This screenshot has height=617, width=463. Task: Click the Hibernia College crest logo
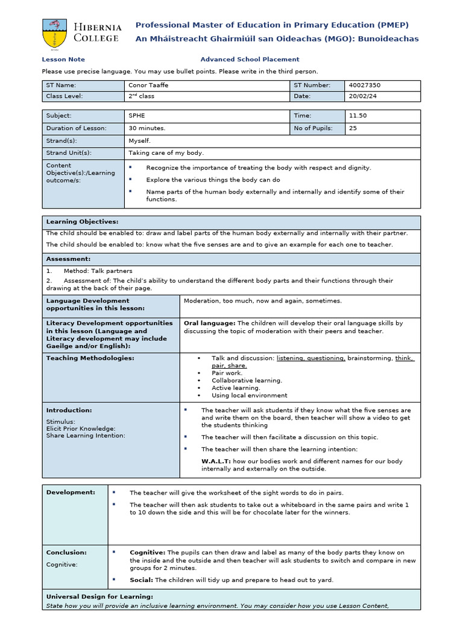coord(55,33)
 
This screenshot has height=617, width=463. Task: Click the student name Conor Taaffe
coord(148,85)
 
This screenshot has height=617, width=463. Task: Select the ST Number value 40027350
coord(365,85)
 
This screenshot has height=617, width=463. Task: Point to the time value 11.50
coord(357,116)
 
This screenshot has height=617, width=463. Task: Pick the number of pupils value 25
coord(353,128)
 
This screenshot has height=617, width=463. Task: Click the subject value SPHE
coord(137,116)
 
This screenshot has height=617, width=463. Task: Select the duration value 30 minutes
coord(146,128)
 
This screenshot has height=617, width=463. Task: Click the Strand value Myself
coord(140,140)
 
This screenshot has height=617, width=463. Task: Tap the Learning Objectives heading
coord(82,222)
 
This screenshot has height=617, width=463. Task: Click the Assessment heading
coord(68,259)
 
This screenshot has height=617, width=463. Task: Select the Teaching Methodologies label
coord(90,358)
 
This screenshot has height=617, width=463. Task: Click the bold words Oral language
coord(210,323)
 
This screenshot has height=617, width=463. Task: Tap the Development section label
coord(71,492)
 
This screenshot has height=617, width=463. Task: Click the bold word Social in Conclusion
coord(141,580)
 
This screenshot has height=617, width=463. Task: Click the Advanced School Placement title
coord(250,59)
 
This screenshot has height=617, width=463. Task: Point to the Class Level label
coord(65,96)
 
